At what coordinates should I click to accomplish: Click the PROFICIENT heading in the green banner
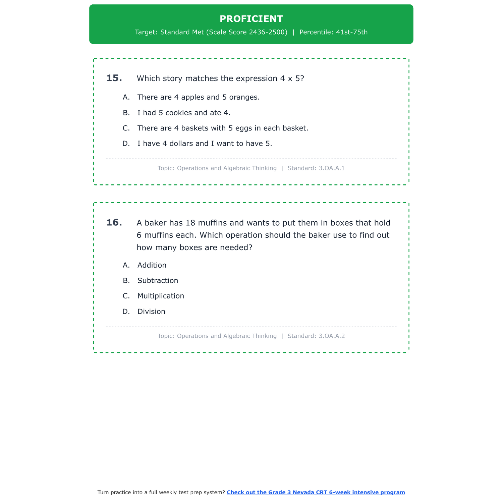coord(251,19)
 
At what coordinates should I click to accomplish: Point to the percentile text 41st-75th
coord(352,32)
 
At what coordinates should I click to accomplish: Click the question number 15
coord(114,78)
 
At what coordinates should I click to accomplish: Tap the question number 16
coord(114,222)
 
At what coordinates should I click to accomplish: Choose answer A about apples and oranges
coord(198,97)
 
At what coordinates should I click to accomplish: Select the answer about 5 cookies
coord(184,113)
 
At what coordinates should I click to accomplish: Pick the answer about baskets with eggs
coord(222,128)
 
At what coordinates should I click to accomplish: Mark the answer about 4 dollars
coord(205,144)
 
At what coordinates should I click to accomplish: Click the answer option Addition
coord(152,265)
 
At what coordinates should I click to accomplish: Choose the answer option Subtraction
coord(158,281)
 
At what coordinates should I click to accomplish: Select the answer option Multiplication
coord(161,296)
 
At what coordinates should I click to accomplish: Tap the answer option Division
coord(151,312)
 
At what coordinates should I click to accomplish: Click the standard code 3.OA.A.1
coord(332,168)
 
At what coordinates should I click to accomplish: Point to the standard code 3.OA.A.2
coord(332,336)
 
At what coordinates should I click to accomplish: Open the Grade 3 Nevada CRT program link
coord(316,492)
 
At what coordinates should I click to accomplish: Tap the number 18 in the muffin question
coord(190,223)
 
